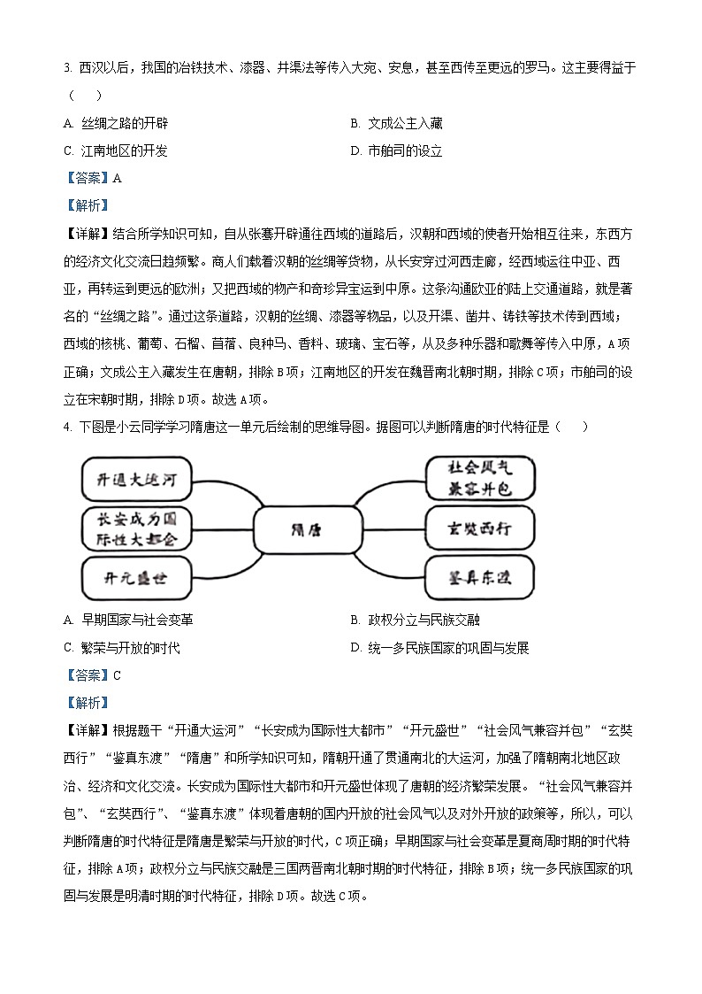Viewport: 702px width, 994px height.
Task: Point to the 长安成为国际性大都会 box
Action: [135, 528]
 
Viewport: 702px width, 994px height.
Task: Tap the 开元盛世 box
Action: [135, 579]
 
